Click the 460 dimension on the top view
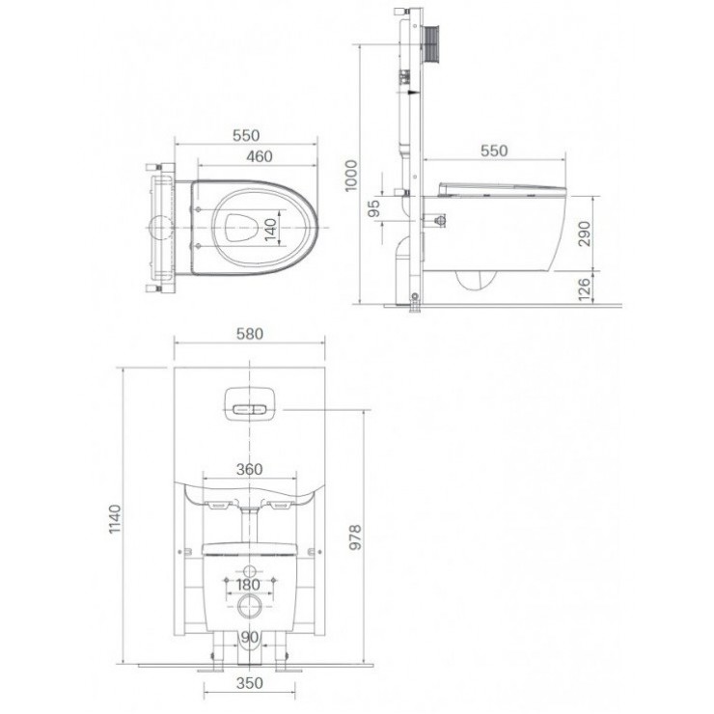coord(260,156)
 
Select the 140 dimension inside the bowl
coord(270,230)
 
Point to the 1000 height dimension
coord(351,176)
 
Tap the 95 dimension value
coord(373,209)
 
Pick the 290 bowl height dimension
coord(584,233)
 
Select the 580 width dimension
coord(250,334)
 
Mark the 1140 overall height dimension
coord(114,519)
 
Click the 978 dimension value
coord(355,537)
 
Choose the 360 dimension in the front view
coord(250,469)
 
